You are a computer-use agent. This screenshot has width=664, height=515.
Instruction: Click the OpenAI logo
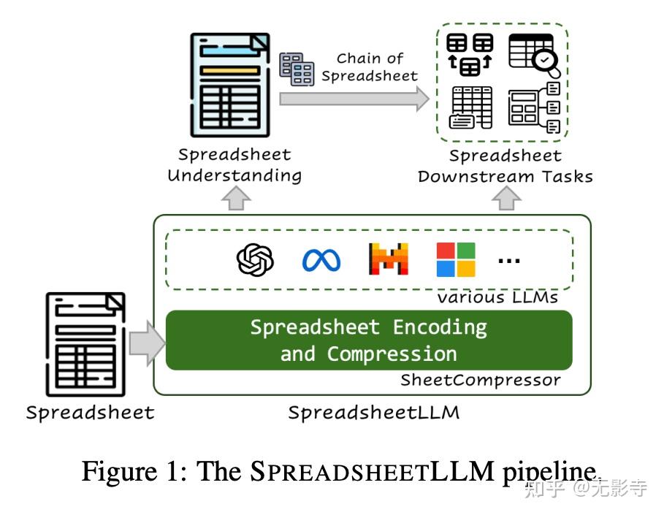coord(255,259)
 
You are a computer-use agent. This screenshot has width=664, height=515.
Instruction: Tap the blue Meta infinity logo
coord(321,259)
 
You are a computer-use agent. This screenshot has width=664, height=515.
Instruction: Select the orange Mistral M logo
coord(389,259)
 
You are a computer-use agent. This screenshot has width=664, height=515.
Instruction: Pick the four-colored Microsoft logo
coord(456,259)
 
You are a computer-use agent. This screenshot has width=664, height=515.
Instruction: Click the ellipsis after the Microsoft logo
coord(508,259)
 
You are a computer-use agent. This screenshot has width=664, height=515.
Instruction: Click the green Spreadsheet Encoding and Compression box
coord(369,340)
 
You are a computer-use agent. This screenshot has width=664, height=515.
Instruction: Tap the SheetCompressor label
coord(480,380)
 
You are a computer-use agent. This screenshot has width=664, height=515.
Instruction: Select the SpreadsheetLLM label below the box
coord(373,412)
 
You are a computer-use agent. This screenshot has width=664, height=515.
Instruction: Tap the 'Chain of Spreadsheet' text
coord(370,67)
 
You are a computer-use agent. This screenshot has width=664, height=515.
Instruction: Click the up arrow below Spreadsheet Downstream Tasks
coord(506,197)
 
